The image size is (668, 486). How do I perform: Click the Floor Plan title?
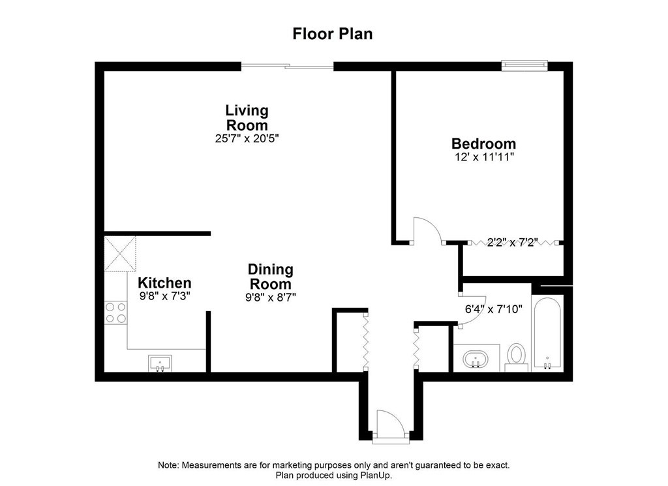pos(333,34)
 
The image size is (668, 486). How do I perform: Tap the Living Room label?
pos(247,117)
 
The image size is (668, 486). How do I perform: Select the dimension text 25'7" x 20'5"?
pos(247,138)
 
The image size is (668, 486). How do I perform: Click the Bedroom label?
pos(483,144)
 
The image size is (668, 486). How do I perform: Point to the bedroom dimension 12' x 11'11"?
pos(483,158)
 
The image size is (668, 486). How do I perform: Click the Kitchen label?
pos(164,283)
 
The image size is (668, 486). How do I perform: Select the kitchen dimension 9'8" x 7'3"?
pos(164,296)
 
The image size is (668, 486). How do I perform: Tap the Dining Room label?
pos(271,277)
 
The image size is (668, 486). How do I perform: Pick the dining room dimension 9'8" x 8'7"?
pos(271,297)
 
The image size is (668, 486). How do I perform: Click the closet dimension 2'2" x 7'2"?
pos(512,243)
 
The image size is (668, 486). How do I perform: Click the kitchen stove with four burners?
pos(116,312)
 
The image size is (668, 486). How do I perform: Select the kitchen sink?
pos(160,363)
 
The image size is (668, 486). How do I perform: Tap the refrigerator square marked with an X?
pos(121,254)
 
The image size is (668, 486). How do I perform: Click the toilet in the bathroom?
pos(517,356)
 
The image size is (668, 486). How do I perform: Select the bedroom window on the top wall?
pos(524,65)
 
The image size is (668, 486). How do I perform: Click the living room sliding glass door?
pos(288,65)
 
